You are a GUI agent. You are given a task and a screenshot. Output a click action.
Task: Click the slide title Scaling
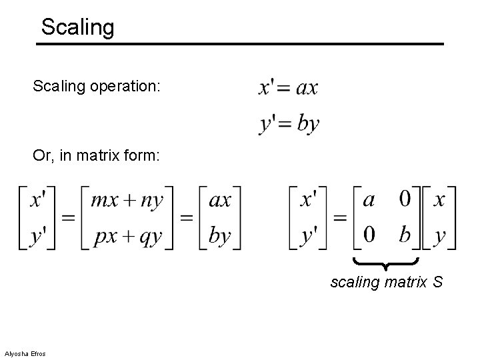pos(77,27)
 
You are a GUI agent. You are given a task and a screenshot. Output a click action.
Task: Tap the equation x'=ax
pos(288,87)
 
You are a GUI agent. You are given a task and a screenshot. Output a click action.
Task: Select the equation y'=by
pos(289,123)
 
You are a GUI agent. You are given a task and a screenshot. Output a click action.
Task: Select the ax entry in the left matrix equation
pos(220,200)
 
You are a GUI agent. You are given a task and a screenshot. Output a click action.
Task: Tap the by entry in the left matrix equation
pos(220,236)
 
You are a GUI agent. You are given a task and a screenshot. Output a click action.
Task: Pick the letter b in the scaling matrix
pos(404,235)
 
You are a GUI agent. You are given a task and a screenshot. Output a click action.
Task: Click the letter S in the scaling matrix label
pos(437,283)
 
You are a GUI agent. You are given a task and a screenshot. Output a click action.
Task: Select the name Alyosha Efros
pos(25,353)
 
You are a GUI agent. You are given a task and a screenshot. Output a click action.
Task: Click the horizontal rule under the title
pos(240,44)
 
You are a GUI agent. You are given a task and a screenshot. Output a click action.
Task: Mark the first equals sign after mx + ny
pos(188,217)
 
